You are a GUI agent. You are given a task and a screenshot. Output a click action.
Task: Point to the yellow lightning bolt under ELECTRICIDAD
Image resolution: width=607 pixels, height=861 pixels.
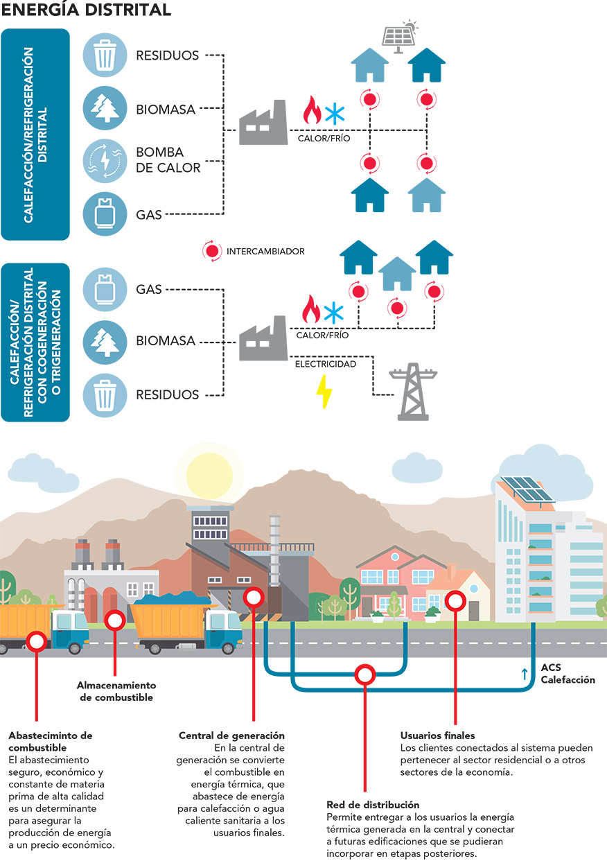click(324, 392)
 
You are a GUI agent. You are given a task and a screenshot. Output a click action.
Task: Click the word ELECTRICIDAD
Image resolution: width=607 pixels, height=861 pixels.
click(326, 364)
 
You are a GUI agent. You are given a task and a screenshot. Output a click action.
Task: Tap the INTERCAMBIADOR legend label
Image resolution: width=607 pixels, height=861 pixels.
click(265, 252)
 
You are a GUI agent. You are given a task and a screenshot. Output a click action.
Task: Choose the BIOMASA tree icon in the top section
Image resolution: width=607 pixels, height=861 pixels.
click(105, 109)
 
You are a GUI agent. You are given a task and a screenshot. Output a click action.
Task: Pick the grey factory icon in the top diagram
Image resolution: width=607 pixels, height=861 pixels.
click(263, 123)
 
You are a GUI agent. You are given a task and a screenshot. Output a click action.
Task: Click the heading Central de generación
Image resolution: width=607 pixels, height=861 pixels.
click(231, 735)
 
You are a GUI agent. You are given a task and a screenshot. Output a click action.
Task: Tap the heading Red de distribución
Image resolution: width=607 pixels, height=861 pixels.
click(373, 805)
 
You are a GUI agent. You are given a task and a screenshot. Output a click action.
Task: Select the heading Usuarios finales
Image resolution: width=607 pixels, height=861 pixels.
click(437, 735)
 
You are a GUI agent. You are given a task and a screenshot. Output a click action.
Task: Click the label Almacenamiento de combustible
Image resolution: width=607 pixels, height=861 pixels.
click(114, 692)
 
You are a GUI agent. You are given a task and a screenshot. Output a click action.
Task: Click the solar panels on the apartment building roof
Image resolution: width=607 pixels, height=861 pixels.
click(528, 491)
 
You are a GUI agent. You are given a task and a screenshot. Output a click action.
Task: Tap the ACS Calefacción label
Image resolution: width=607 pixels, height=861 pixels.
click(568, 674)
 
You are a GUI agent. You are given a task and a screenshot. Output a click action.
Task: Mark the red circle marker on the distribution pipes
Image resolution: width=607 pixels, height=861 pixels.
click(364, 673)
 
